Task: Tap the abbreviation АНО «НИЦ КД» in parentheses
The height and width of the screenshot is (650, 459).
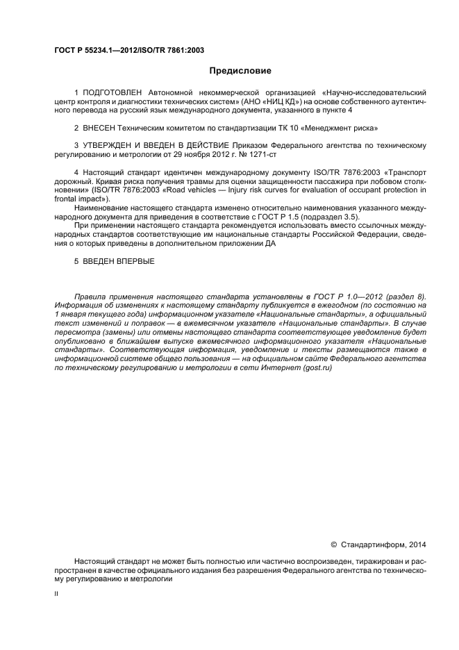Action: coord(276,101)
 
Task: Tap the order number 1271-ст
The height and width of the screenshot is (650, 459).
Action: coord(247,154)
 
